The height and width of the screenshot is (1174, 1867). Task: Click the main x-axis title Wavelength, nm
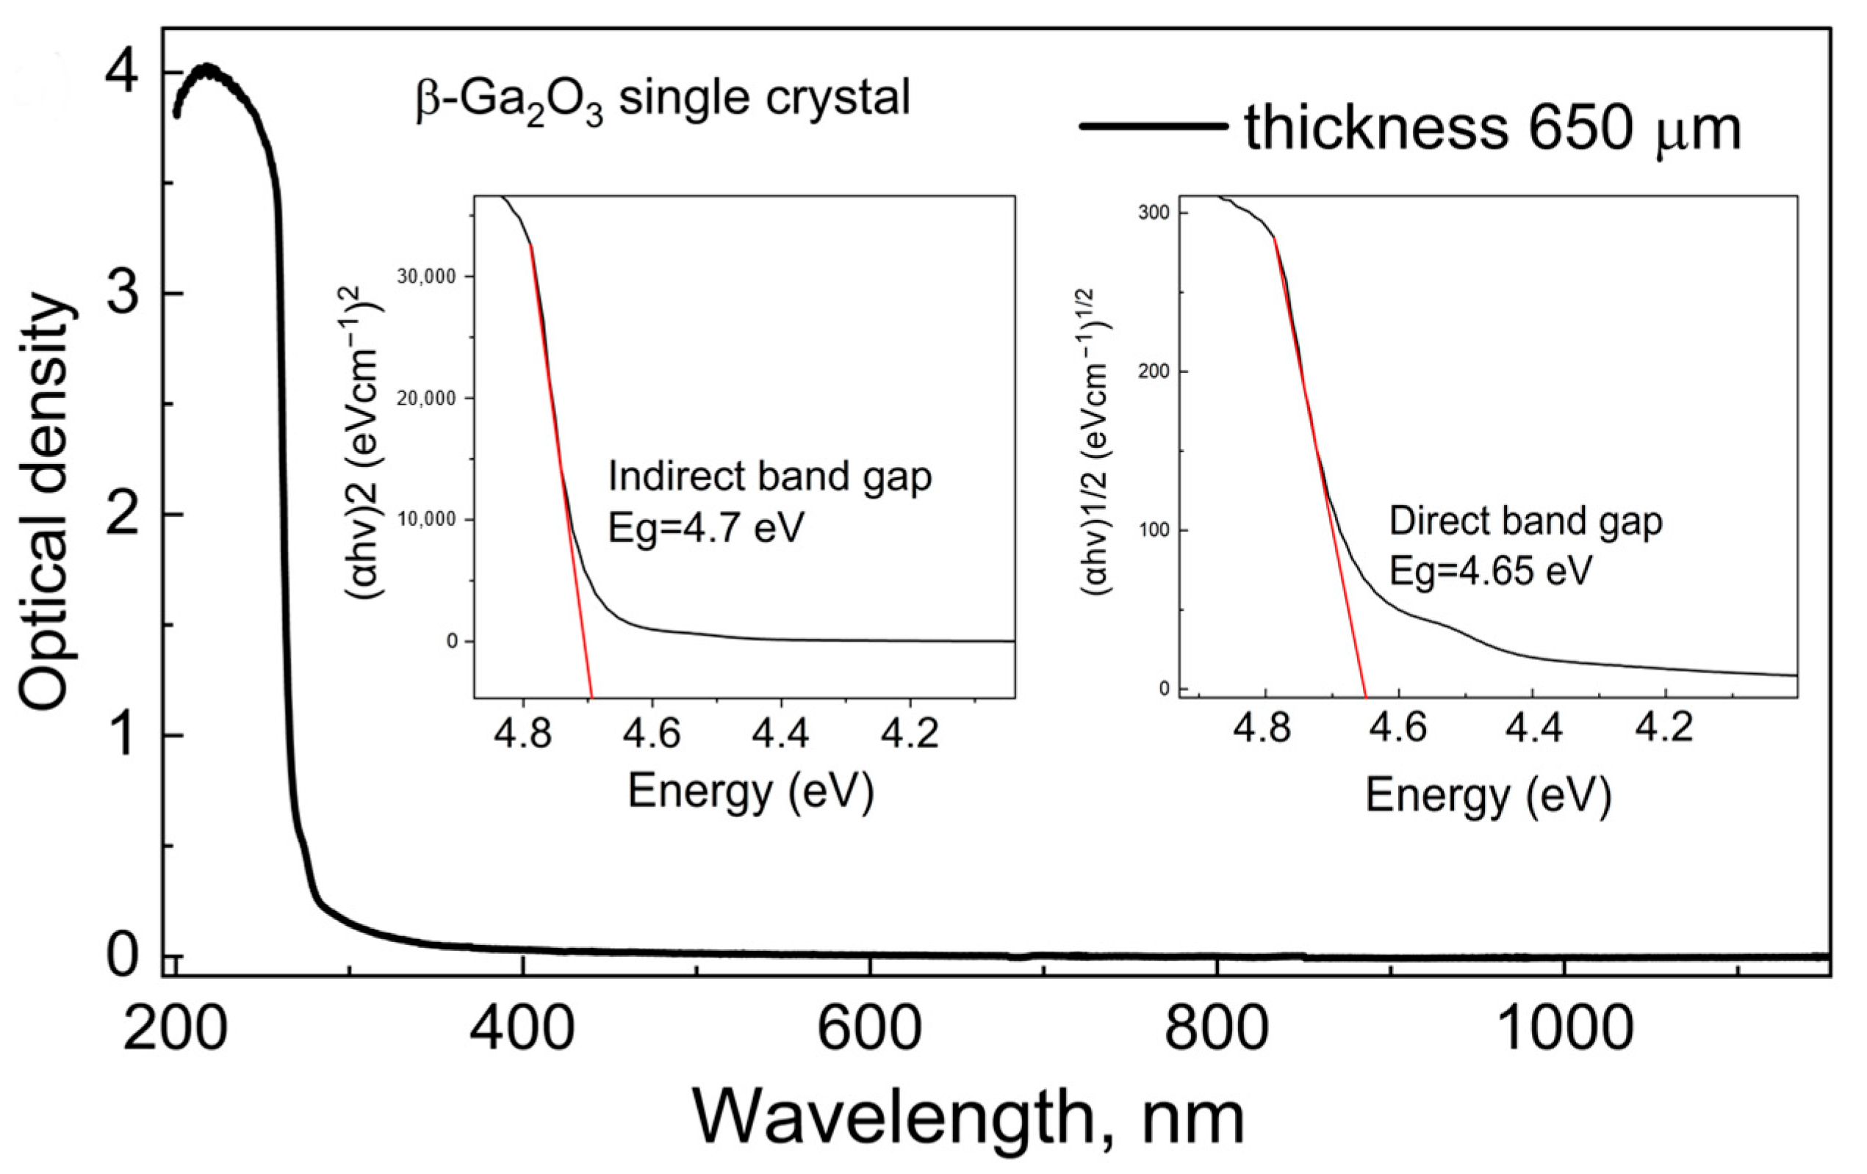tap(968, 1118)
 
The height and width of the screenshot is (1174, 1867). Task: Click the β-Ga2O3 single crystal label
tap(663, 101)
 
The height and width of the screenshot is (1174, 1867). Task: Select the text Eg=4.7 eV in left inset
tap(705, 529)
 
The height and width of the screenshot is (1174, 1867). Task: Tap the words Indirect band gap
tap(769, 476)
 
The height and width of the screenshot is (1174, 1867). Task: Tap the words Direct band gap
tap(1525, 521)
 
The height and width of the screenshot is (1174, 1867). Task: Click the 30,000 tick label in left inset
tap(426, 277)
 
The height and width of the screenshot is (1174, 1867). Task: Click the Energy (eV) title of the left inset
tap(750, 791)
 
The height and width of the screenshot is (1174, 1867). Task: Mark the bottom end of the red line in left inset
tap(591, 697)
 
